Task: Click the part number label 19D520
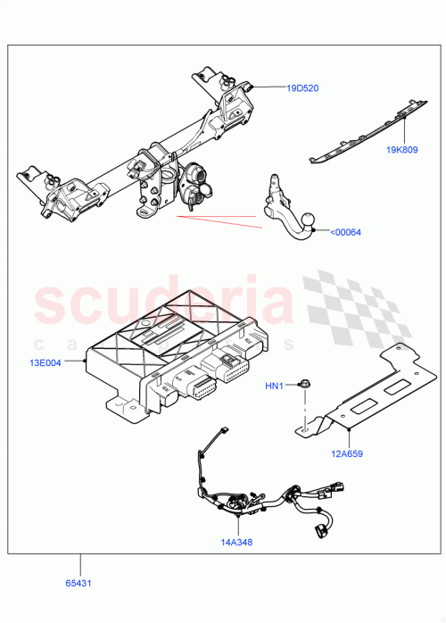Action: (302, 88)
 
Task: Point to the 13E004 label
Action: (44, 363)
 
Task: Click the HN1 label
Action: (274, 386)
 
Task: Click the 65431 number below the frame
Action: (78, 584)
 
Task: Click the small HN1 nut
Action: (304, 386)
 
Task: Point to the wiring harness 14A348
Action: (259, 500)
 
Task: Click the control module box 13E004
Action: (169, 357)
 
